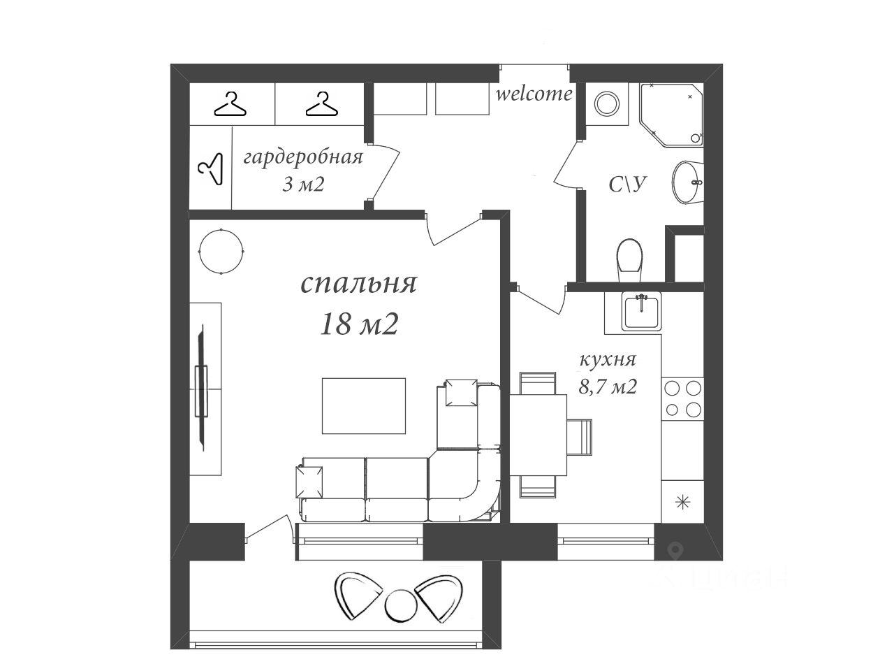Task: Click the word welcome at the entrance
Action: click(534, 94)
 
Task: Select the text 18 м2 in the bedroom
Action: click(359, 324)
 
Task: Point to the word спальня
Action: click(359, 284)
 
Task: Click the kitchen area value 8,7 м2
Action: click(608, 387)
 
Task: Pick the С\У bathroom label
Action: click(628, 185)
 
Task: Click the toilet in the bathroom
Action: click(629, 260)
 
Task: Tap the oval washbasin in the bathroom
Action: click(687, 182)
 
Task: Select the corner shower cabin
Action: click(671, 115)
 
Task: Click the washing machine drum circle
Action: click(607, 104)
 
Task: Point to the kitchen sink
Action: click(641, 312)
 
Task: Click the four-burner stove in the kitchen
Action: click(682, 399)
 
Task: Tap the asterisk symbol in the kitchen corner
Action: click(682, 503)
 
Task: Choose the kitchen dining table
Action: click(538, 435)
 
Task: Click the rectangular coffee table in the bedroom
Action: click(364, 406)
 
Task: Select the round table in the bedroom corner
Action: click(221, 252)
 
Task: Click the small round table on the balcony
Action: click(401, 605)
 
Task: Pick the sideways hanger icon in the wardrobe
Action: click(211, 168)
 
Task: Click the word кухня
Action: click(607, 360)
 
